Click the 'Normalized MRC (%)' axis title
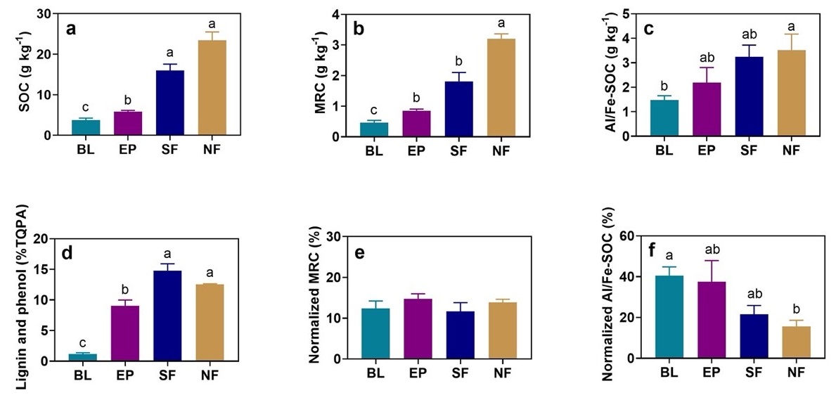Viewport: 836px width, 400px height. click(314, 297)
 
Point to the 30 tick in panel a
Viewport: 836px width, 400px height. click(48, 13)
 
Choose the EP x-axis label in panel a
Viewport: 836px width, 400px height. click(129, 150)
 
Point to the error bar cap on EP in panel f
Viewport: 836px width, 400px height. click(714, 261)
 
